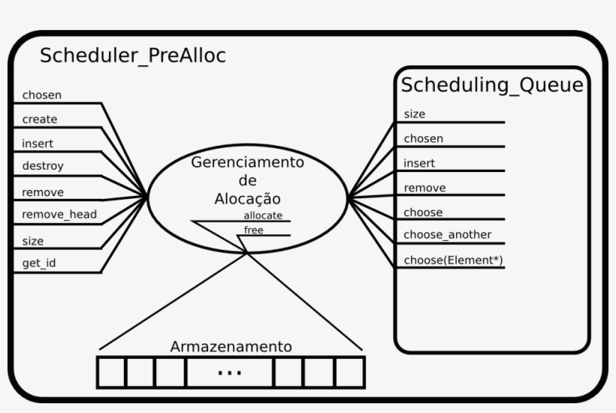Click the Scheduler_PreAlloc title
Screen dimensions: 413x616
(132, 56)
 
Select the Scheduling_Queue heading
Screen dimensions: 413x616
(492, 85)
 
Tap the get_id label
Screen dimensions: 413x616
(39, 264)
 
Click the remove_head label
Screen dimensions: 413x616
(59, 215)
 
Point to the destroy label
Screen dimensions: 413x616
(43, 165)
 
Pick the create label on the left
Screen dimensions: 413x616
(40, 119)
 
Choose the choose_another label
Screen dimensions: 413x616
(448, 235)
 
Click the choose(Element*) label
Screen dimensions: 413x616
(453, 260)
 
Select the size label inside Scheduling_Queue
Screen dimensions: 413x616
(415, 114)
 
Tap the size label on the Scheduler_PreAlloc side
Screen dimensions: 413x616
(33, 241)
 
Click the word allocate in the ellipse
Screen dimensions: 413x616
(263, 216)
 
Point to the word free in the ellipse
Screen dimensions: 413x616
(254, 230)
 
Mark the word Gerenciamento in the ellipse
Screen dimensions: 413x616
(247, 162)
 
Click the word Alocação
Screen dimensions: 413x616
(247, 199)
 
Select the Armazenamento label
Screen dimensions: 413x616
(231, 347)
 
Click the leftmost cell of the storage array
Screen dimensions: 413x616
(112, 372)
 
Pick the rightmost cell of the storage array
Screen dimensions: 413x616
(349, 372)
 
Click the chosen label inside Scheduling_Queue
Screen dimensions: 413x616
(424, 138)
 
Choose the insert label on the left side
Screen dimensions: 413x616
(38, 143)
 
